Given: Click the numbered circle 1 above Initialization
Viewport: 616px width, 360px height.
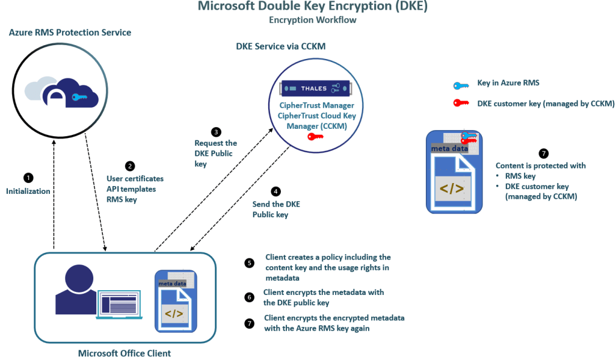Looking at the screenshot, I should pyautogui.click(x=28, y=178).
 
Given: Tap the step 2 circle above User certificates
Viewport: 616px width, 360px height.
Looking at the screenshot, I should pyautogui.click(x=129, y=166).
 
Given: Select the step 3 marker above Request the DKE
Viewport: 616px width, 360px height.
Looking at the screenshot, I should pyautogui.click(x=216, y=131).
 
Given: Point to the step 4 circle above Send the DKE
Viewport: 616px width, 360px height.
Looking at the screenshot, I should pyautogui.click(x=276, y=191).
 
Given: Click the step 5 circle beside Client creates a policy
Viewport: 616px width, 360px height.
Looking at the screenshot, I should pyautogui.click(x=250, y=263).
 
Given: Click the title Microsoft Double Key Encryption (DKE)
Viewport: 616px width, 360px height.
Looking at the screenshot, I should pyautogui.click(x=312, y=7).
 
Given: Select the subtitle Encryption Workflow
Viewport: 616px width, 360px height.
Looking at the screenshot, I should pyautogui.click(x=312, y=20).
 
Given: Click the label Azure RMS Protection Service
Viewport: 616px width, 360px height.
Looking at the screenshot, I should pyautogui.click(x=70, y=32).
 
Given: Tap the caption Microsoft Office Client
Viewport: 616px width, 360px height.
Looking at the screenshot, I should pyautogui.click(x=125, y=353).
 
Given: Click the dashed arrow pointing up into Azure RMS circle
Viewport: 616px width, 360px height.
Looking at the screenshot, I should pyautogui.click(x=55, y=193).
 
